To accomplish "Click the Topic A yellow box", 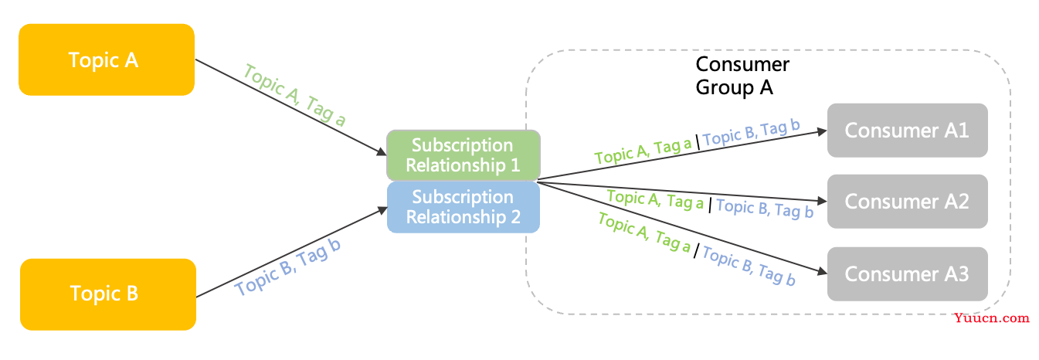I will [x=106, y=60].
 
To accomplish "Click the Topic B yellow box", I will [x=107, y=294].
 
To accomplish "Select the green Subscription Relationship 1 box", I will [x=462, y=155].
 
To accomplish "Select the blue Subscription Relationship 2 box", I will [x=462, y=207].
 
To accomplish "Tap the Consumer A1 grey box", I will [x=907, y=130].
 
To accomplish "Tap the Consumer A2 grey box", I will [x=907, y=202].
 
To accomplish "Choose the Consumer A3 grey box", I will [x=907, y=273].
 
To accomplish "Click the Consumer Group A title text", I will [x=742, y=76].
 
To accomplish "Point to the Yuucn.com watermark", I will [x=991, y=318].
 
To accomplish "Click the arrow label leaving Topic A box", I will [x=295, y=95].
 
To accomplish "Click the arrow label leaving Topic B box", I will [x=288, y=267].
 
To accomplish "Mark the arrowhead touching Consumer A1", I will [x=821, y=131].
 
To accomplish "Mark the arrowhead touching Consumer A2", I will [x=821, y=199].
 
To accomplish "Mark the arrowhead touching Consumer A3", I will [x=821, y=271].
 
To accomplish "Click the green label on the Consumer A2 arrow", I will [x=656, y=200].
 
